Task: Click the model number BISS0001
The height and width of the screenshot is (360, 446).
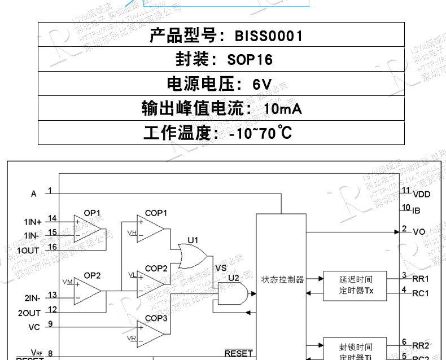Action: (269, 36)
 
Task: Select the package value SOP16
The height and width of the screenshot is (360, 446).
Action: (250, 60)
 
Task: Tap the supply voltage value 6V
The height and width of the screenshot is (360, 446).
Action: (262, 85)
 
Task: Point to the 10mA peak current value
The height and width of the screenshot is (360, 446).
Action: (283, 109)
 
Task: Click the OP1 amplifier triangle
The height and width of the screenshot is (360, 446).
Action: (89, 227)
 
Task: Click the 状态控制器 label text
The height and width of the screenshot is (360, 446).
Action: (282, 279)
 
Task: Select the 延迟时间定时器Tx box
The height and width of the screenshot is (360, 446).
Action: (355, 285)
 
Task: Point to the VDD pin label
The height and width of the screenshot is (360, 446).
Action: (421, 194)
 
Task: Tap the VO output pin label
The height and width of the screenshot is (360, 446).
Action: (419, 232)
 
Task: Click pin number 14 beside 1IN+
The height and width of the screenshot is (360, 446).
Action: (53, 218)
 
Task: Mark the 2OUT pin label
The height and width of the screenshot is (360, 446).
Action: (29, 312)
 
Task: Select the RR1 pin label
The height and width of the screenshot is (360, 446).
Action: (421, 279)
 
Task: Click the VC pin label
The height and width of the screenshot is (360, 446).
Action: (34, 327)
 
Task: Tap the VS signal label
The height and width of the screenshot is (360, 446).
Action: (221, 267)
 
